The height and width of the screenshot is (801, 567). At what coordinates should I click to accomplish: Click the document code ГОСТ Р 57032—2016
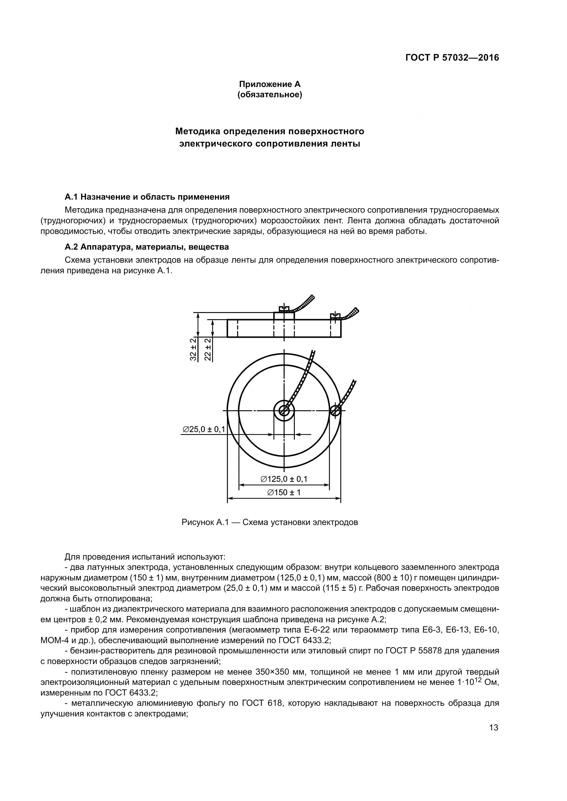[x=452, y=58]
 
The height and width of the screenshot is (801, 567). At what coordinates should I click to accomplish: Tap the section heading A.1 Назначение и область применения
[x=147, y=197]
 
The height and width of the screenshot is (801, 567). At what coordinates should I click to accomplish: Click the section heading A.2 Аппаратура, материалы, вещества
[x=147, y=247]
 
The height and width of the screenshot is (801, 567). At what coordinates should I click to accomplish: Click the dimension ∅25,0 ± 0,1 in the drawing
[x=204, y=429]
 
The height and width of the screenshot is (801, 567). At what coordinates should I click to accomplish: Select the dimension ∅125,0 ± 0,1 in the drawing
[x=284, y=479]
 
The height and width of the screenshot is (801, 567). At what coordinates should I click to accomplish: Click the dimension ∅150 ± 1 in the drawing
[x=284, y=492]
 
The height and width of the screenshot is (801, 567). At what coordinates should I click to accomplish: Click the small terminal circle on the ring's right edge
[x=335, y=410]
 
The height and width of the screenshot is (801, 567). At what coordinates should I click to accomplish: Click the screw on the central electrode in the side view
[x=285, y=309]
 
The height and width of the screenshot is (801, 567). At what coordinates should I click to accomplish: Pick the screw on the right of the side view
[x=335, y=316]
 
